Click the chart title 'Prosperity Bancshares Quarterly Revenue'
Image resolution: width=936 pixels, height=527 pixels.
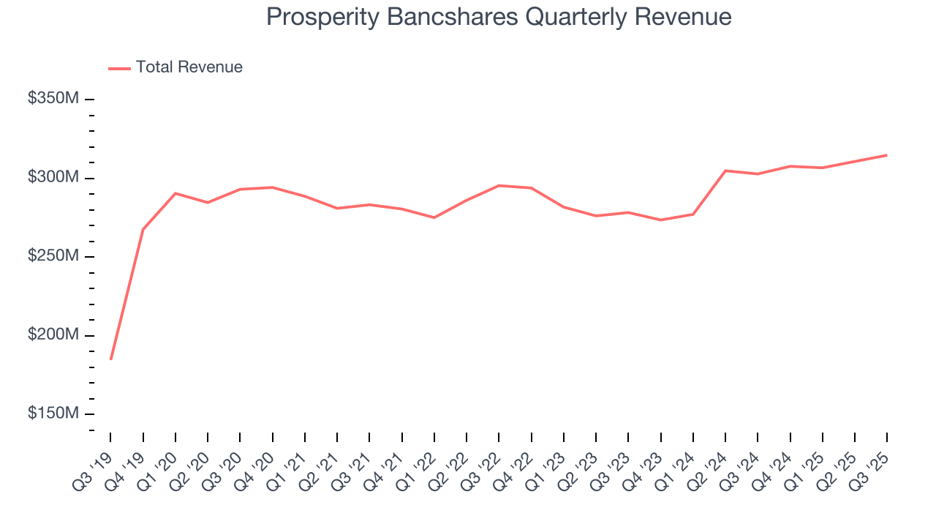pyautogui.click(x=499, y=17)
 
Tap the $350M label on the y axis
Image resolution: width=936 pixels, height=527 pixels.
pyautogui.click(x=53, y=99)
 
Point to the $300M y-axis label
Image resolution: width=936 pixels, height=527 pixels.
pyautogui.click(x=53, y=178)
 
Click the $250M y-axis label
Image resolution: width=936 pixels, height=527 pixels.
pyautogui.click(x=53, y=256)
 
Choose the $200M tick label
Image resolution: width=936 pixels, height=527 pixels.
pyautogui.click(x=53, y=335)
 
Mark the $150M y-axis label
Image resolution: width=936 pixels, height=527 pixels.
pyautogui.click(x=53, y=414)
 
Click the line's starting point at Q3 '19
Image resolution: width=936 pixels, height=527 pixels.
pyautogui.click(x=111, y=359)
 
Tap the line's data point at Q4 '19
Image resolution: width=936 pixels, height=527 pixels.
pyautogui.click(x=143, y=230)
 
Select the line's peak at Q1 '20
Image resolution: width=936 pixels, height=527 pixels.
pyautogui.click(x=175, y=193)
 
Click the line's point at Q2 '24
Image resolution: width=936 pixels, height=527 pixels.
pyautogui.click(x=725, y=171)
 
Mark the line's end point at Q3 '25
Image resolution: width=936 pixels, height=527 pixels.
pyautogui.click(x=887, y=155)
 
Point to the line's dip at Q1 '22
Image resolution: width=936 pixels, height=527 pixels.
pyautogui.click(x=434, y=217)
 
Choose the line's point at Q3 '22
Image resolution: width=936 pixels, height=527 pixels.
pyautogui.click(x=499, y=185)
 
